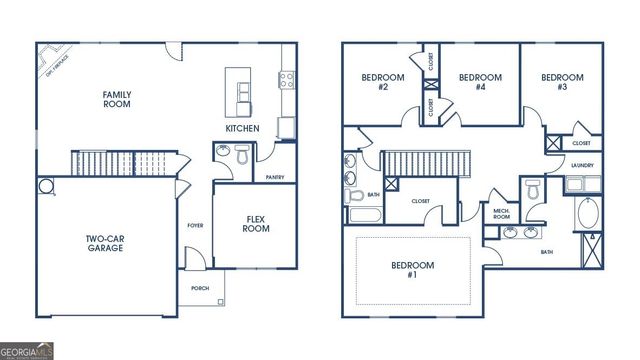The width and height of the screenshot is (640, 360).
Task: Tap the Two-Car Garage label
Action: [104, 243]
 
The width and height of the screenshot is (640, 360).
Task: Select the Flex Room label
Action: [257, 223]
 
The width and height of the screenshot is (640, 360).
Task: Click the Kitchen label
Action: [242, 129]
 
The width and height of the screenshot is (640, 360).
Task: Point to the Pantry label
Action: [275, 177]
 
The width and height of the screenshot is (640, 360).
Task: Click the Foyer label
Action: [195, 226]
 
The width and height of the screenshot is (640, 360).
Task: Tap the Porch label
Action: [200, 288]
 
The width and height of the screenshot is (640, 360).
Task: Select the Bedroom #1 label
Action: [413, 270]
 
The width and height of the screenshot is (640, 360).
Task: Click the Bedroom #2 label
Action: [377, 82]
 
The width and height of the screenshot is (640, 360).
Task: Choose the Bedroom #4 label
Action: [479, 82]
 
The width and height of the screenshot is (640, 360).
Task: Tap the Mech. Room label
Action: [501, 213]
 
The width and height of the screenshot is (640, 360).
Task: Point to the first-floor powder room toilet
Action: [242, 155]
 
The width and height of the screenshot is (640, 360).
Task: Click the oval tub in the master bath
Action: [586, 215]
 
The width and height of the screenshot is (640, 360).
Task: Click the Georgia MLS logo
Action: [28, 350]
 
